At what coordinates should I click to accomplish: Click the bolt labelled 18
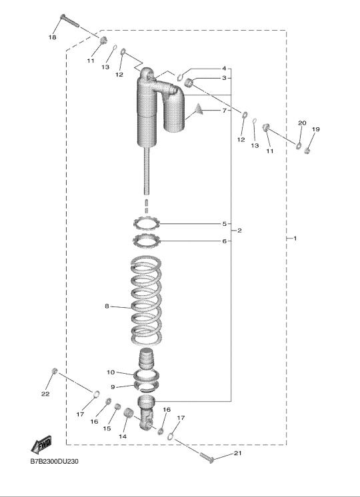pos(69,21)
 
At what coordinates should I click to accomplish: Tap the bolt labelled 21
pos(207,458)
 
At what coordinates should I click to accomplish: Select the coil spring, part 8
pos(146,300)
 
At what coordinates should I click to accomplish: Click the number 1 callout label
pos(295,238)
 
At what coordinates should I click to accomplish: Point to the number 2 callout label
pos(239,231)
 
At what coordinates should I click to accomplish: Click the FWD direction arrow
pos(41,444)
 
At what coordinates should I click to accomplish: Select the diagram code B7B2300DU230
pos(54,461)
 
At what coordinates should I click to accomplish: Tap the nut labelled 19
pos(307,151)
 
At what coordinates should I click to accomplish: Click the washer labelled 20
pos(299,146)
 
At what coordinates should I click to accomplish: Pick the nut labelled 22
pos(55,370)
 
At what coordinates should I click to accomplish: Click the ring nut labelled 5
pos(146,223)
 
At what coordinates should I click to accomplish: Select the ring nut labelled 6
pos(146,241)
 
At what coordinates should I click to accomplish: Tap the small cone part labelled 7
pos(198,109)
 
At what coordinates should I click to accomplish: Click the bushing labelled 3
pos(189,83)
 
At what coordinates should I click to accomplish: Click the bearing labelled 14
pos(129,413)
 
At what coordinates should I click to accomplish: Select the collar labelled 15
pos(118,406)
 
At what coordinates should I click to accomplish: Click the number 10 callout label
pos(111,372)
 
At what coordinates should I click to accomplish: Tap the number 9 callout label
pos(113,387)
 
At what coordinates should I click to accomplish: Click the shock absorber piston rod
pos(147,171)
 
